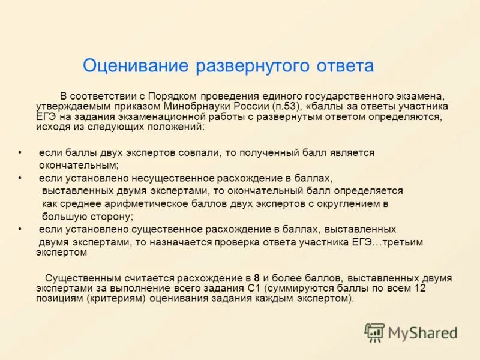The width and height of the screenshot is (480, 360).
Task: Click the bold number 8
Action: point(257,278)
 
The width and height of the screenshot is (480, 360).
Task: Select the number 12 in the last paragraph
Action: point(420,289)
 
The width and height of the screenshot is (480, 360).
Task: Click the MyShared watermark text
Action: point(422,333)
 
